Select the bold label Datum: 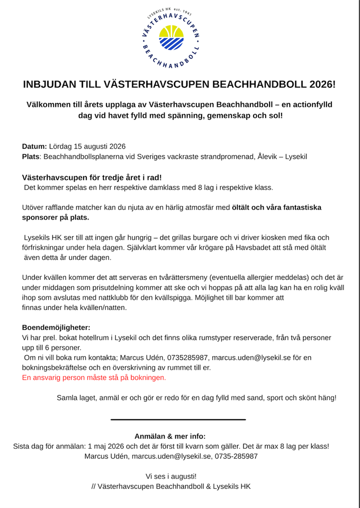pos(35,147)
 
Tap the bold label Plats pos(31,157)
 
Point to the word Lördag pos(62,147)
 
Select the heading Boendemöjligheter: pos(56,328)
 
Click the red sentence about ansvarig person pos(94,378)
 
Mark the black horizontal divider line pos(178,420)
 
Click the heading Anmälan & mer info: pos(170,437)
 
